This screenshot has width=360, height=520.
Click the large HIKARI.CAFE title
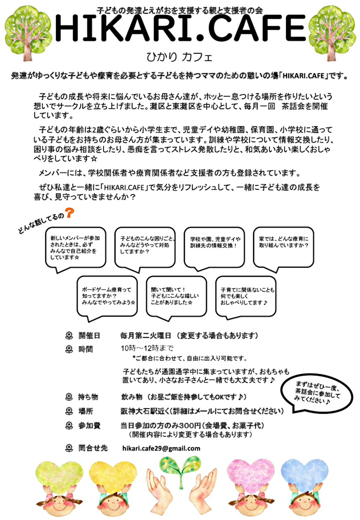point(180,29)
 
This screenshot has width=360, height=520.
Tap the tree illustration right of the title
point(332,32)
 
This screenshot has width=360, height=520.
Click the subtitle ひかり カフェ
point(179,57)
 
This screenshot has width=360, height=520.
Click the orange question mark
point(69,213)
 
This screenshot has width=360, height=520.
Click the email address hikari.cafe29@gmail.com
point(161,448)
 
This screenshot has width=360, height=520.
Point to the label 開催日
point(89,336)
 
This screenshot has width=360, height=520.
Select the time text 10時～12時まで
point(147,348)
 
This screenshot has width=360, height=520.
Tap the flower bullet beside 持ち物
point(69,397)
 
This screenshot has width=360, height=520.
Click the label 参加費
point(89,426)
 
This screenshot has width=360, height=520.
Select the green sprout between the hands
point(180,466)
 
